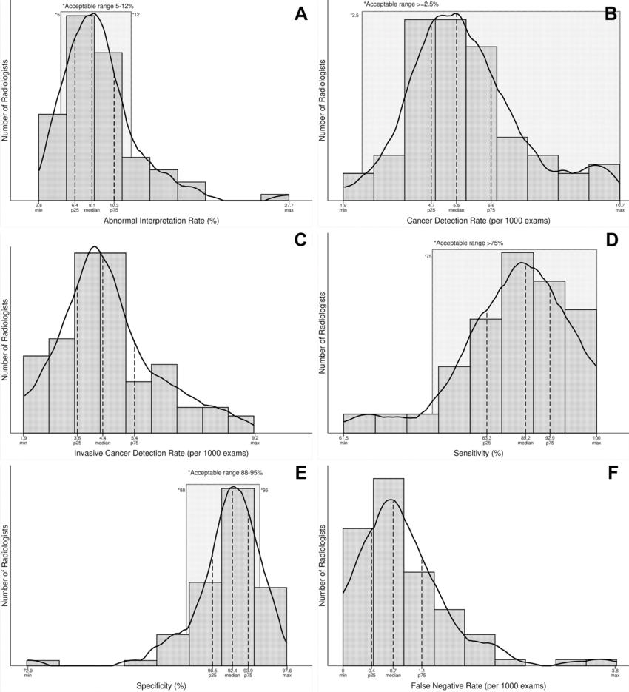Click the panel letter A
pyautogui.click(x=300, y=15)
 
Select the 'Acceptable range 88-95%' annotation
pyautogui.click(x=226, y=472)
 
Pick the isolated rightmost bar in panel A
pyautogui.click(x=275, y=197)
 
